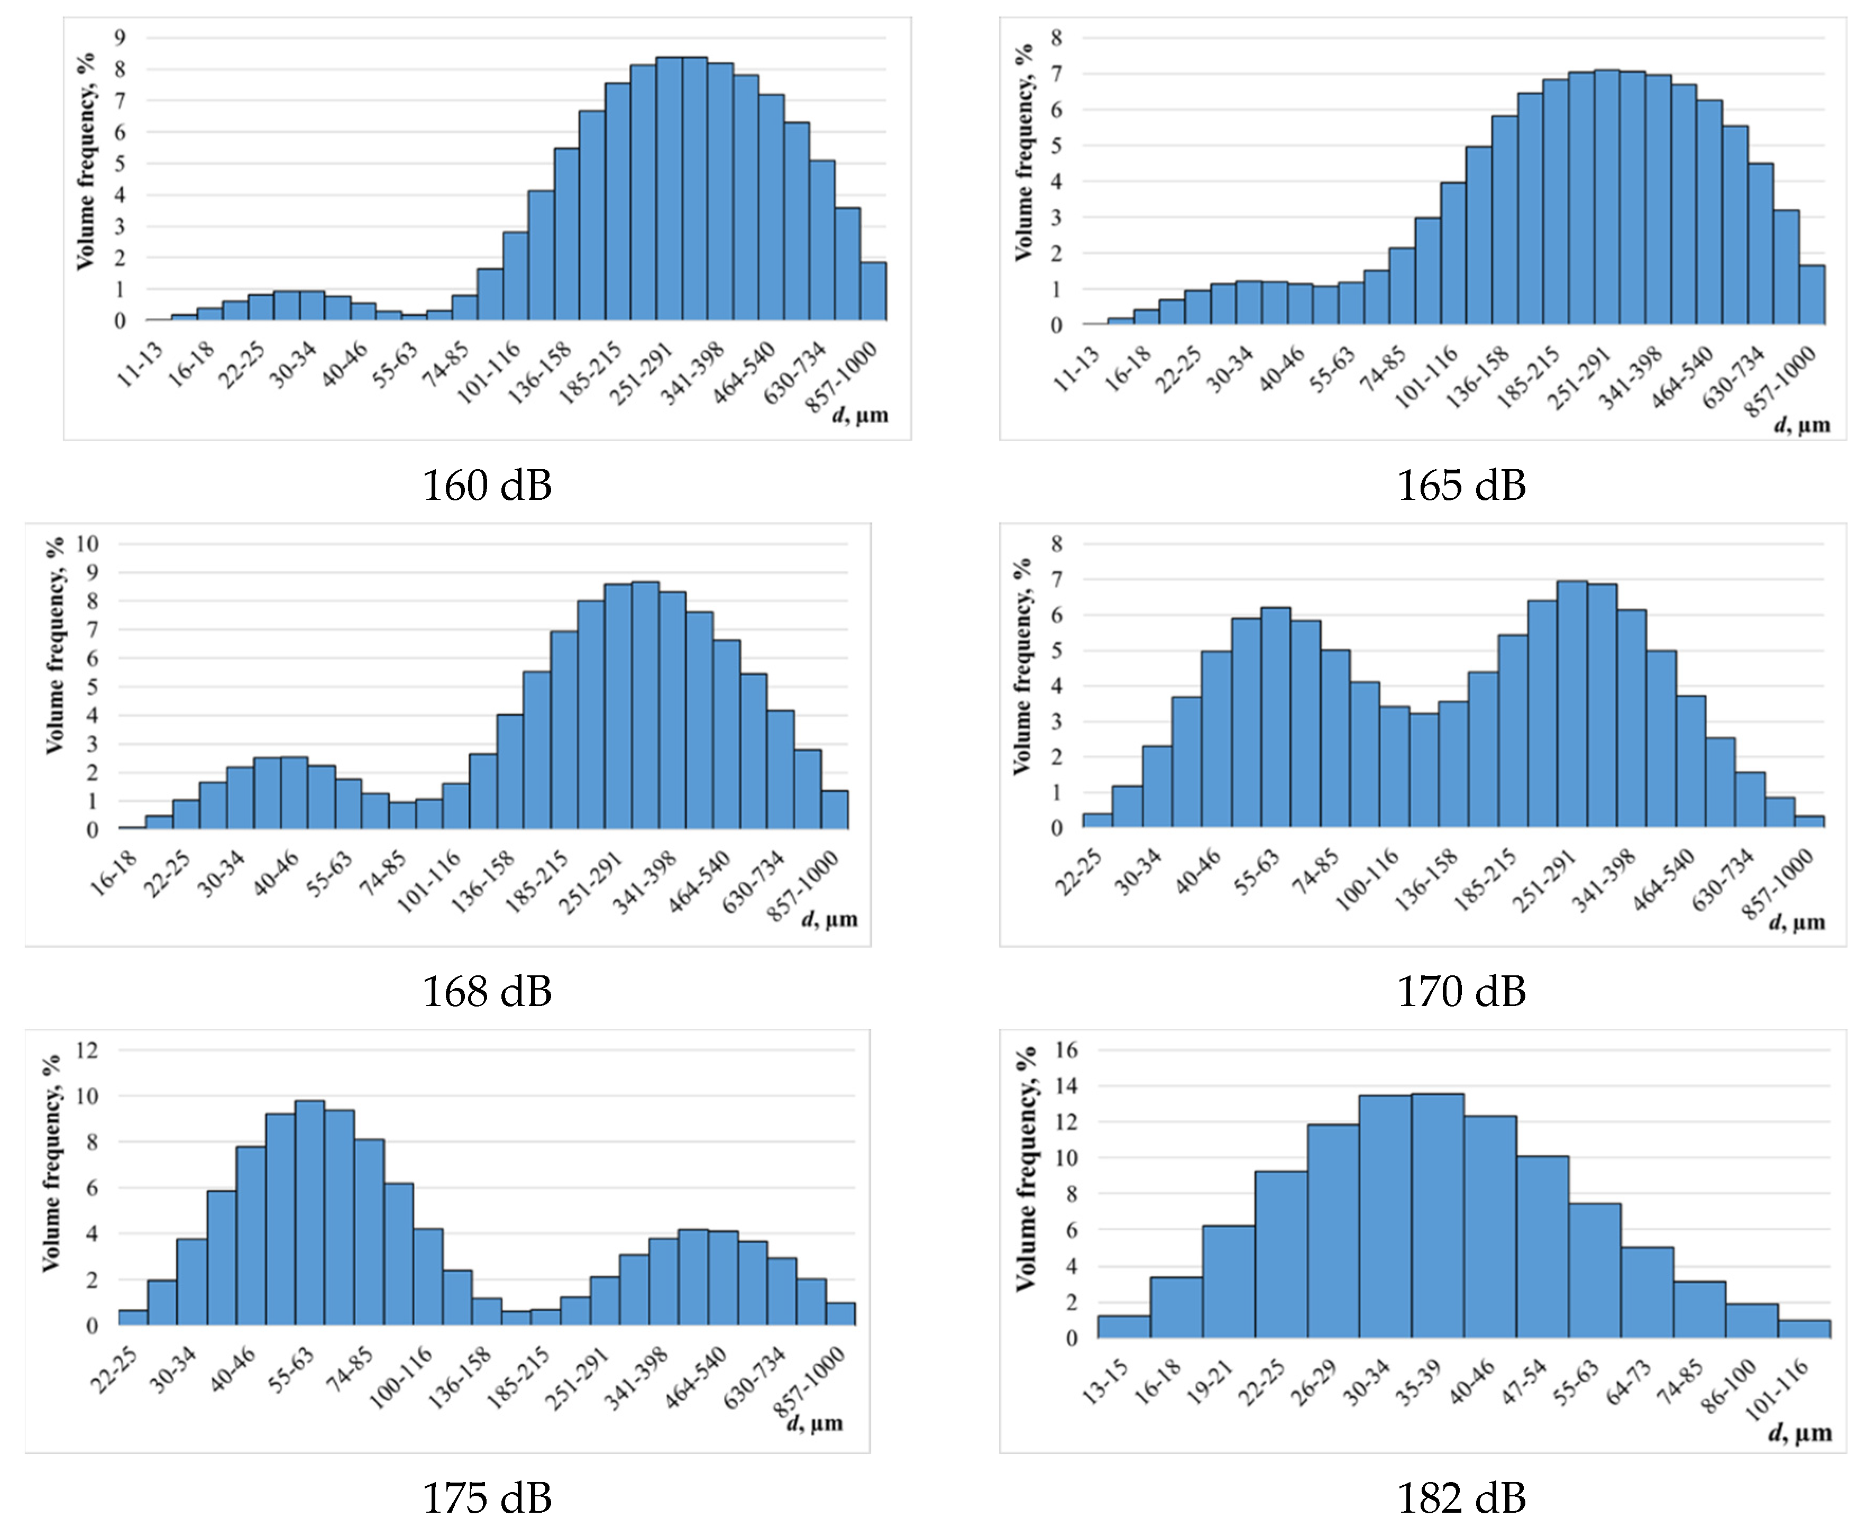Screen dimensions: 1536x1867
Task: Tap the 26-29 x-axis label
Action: pos(1316,1381)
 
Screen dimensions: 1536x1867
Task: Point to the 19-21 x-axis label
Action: pos(1211,1381)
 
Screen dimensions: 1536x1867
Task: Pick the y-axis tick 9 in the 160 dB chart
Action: pos(120,37)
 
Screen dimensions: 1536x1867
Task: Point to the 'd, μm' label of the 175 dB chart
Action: pos(814,1424)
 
